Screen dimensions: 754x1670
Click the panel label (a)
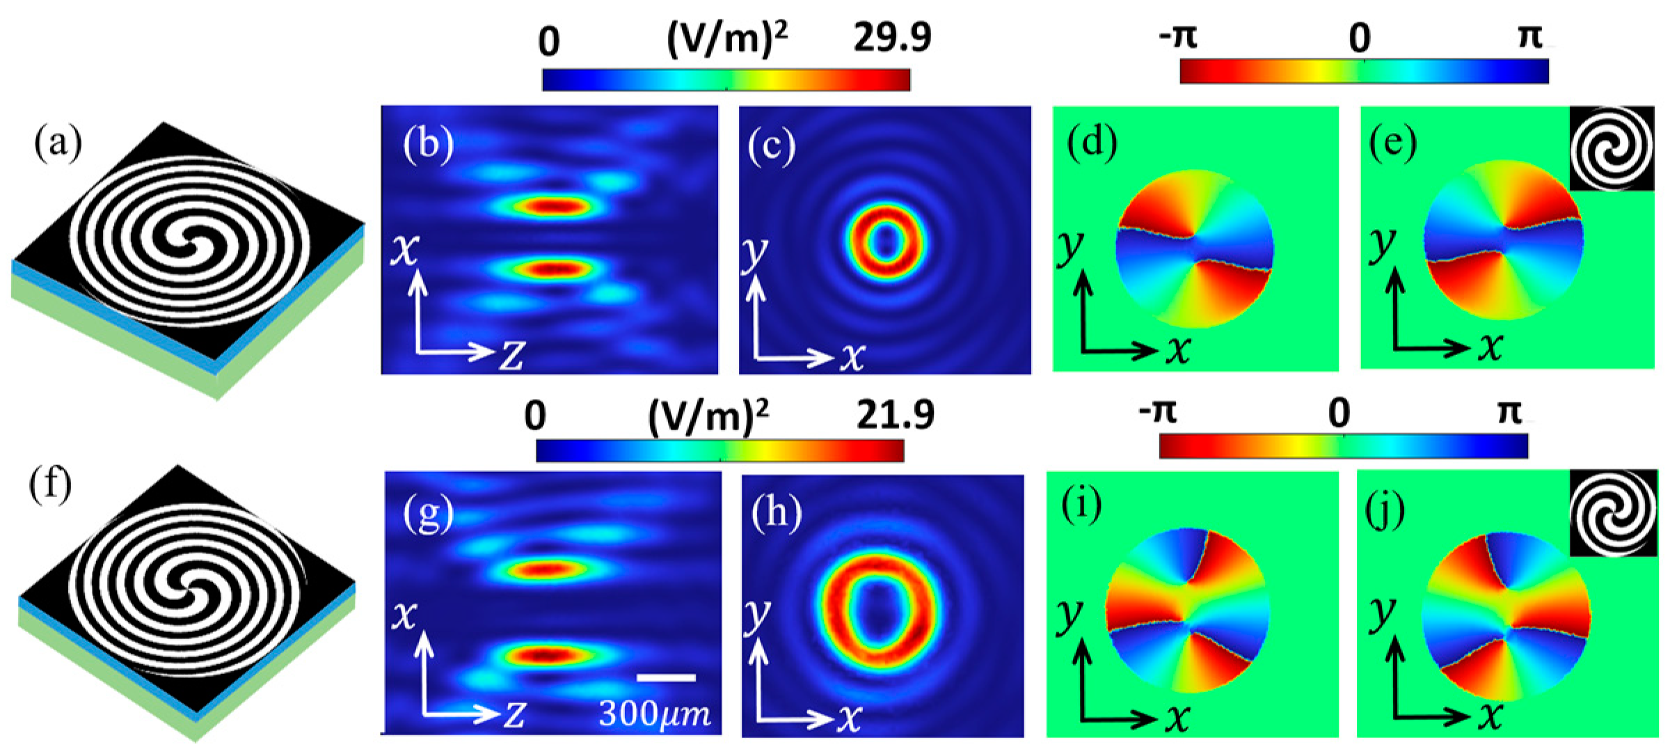[x=58, y=145]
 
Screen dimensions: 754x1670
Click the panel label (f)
[x=50, y=485]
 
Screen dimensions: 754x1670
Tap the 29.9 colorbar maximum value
[x=893, y=38]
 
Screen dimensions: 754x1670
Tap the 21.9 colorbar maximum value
[x=893, y=416]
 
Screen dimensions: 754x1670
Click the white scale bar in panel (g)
[x=666, y=677]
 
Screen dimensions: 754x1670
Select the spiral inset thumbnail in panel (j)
[x=1613, y=513]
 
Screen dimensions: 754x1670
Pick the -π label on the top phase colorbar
[x=1178, y=37]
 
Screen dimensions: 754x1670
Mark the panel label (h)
[x=777, y=513]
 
